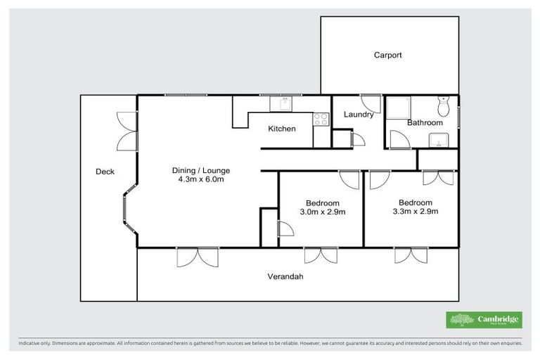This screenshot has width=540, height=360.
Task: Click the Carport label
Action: point(387,55)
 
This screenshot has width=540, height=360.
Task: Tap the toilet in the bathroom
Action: point(443,106)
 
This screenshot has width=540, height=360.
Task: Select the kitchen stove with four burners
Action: point(321,119)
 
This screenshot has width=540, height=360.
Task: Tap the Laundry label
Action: point(358,115)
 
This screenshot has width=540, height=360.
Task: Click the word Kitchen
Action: point(282,129)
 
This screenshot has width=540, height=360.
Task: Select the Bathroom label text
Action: point(425,123)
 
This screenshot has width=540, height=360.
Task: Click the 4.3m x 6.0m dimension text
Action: point(201,179)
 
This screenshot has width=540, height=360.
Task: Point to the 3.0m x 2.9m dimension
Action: point(322,212)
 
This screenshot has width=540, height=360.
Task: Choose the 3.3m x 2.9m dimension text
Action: point(415,211)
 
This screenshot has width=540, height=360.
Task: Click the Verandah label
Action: point(285,276)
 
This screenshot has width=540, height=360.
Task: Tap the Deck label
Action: point(105,172)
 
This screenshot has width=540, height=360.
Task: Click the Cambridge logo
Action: point(484,320)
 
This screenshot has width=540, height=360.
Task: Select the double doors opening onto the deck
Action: point(127,131)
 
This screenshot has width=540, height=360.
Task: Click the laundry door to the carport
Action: point(370,103)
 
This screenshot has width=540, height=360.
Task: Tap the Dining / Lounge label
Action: point(201,170)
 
